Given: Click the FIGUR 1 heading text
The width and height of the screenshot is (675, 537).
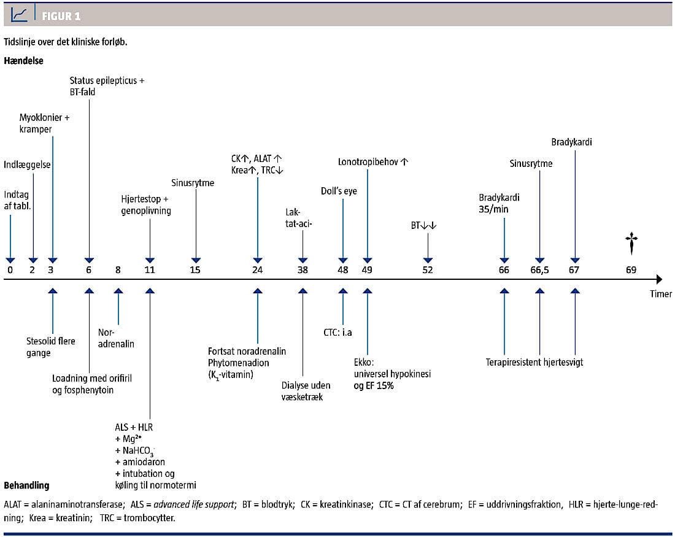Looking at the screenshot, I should click(x=61, y=15).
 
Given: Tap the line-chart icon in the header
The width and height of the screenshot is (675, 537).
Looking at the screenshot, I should click(x=20, y=15).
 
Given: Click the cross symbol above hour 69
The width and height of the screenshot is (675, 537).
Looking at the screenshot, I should click(x=631, y=243).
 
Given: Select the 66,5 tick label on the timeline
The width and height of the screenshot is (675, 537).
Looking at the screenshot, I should click(x=540, y=270).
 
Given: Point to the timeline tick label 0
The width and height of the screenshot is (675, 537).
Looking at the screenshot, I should click(x=10, y=270).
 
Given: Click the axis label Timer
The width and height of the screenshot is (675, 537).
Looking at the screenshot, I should click(x=661, y=294).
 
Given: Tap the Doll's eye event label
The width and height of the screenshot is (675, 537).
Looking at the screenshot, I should click(x=339, y=191).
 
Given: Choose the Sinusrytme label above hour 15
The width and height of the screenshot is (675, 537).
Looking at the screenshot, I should click(x=193, y=182).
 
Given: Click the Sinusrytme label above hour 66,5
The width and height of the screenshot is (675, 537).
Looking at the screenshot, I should click(x=531, y=164).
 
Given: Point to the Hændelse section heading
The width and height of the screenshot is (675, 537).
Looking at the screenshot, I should click(x=23, y=61).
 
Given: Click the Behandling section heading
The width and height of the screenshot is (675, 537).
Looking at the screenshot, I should click(x=26, y=485).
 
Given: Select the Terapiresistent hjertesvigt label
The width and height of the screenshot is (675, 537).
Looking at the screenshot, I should click(x=534, y=362).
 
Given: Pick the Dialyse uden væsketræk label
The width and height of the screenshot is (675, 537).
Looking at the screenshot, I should click(x=306, y=391).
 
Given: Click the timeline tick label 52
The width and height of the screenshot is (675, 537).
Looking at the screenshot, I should click(x=427, y=270).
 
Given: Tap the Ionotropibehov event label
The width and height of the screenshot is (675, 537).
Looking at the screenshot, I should click(x=373, y=162).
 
